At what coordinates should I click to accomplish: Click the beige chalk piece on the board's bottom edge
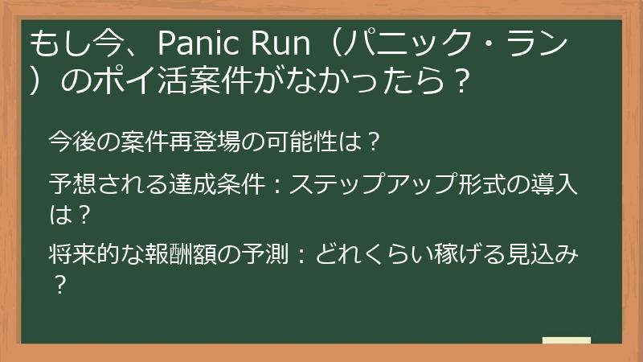[567, 341]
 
